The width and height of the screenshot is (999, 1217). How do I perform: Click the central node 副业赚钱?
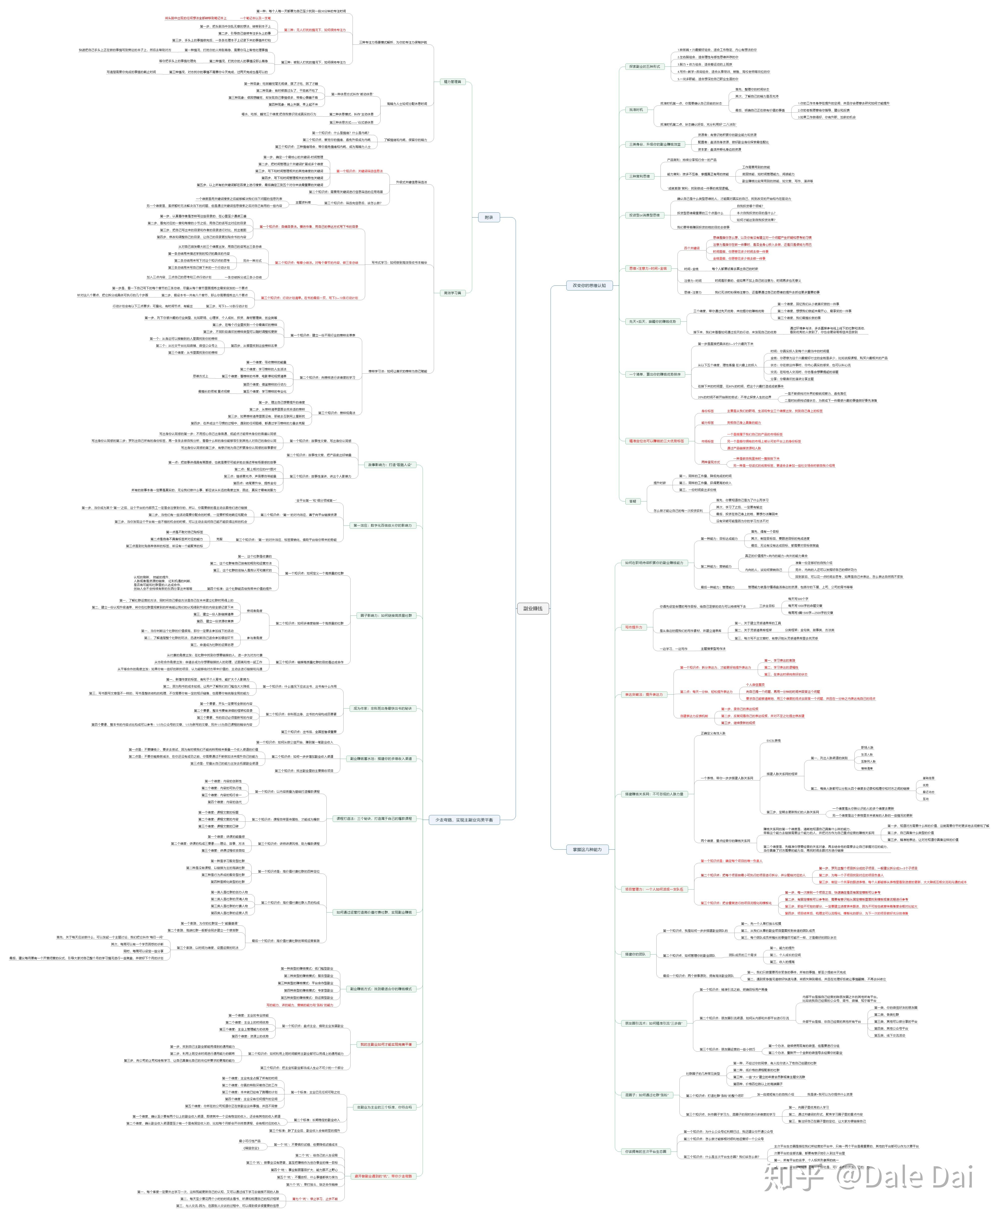click(x=533, y=608)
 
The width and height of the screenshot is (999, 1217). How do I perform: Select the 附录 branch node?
click(x=489, y=218)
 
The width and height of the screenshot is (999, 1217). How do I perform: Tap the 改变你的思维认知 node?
click(x=589, y=285)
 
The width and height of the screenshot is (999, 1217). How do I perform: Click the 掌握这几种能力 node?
click(x=587, y=849)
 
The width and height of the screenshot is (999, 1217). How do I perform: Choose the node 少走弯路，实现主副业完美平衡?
click(x=464, y=819)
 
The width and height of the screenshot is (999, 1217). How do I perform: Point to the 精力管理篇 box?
click(x=452, y=82)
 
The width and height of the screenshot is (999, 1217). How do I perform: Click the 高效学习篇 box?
click(x=452, y=293)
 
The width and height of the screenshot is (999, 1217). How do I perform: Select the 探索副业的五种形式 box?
click(x=645, y=67)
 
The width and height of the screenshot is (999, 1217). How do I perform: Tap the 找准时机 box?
click(x=636, y=109)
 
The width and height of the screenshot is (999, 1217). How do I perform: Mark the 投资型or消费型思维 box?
click(x=645, y=215)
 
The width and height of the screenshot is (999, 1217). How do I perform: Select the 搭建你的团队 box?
click(x=636, y=954)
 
